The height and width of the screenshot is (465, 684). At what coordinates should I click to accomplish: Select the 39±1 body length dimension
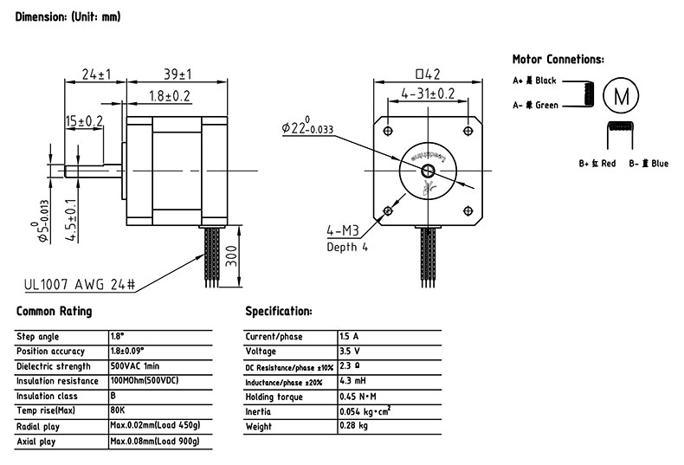point(172,74)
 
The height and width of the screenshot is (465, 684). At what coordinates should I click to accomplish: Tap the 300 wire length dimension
point(229,257)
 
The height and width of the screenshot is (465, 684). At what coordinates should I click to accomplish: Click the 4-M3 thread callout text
point(343,230)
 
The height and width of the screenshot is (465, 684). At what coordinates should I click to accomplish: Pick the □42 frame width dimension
point(429,74)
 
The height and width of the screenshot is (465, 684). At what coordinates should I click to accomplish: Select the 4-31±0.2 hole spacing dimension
point(427,94)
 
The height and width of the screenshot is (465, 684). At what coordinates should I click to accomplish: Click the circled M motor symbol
point(620,95)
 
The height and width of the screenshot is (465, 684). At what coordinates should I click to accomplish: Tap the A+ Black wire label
point(534,81)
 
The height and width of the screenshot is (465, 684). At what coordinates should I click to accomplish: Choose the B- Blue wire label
point(649,164)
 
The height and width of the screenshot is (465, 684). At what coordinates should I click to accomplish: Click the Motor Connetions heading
point(558,60)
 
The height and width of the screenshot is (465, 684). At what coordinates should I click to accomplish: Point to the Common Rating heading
point(54,311)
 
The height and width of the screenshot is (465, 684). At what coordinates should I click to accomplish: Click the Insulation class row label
point(48,396)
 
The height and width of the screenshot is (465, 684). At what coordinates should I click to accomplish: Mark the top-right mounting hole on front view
point(469,130)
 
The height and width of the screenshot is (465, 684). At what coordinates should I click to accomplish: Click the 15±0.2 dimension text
point(84,120)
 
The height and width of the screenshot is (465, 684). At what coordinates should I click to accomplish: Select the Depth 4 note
point(347,247)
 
